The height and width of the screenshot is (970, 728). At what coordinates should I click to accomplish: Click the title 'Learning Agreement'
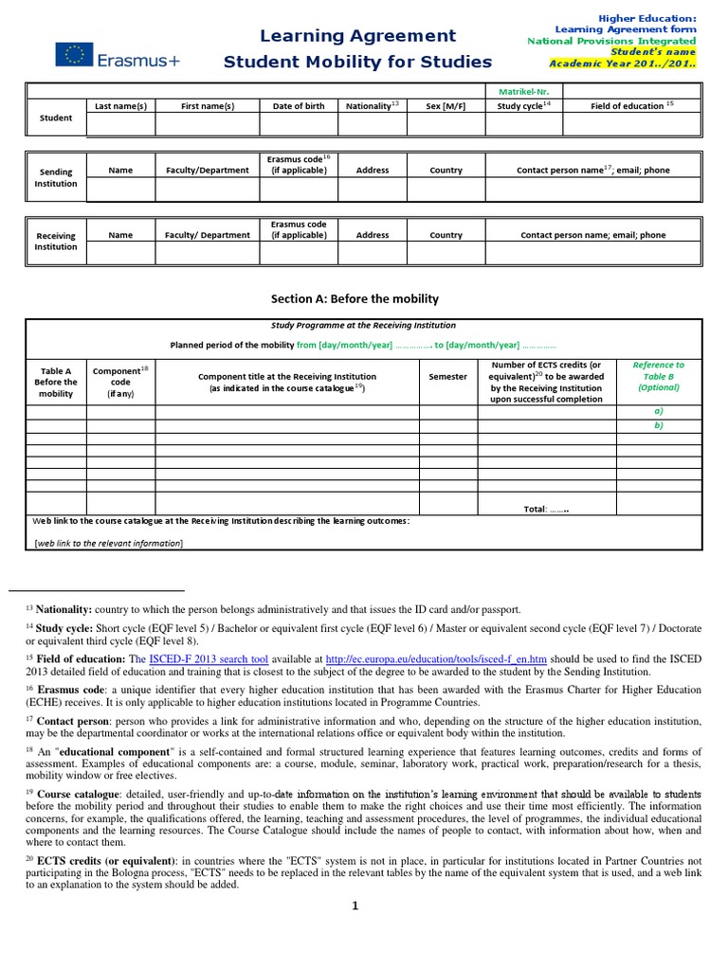coord(358,36)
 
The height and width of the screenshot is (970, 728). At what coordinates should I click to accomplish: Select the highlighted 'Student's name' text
coord(658,52)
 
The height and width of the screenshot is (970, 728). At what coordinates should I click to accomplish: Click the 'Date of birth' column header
coord(299,106)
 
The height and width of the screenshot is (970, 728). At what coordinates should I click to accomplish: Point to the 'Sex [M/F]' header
coord(446,106)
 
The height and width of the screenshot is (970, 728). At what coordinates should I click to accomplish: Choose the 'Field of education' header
coord(631,106)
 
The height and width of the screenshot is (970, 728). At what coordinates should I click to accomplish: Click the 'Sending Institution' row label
coord(56,177)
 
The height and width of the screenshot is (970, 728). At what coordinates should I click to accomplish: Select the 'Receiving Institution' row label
coord(56,242)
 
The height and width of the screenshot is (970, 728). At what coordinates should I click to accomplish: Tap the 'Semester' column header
coord(447,376)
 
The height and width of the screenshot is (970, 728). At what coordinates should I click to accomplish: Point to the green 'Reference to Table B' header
coord(658,376)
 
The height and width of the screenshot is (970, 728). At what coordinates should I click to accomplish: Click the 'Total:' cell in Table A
coord(546,509)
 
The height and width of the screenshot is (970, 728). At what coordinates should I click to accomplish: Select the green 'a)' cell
coord(658,412)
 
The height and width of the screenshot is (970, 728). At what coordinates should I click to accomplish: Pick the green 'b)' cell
coord(658,425)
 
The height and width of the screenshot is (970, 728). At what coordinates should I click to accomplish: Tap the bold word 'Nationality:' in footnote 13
coord(63,609)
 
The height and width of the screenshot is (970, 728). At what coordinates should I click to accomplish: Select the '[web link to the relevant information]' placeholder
coord(109,542)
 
